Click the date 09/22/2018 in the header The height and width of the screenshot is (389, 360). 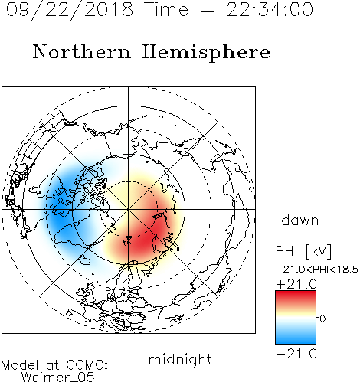(x=70, y=10)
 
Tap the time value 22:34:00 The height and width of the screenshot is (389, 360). (x=270, y=10)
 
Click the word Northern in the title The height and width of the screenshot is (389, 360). (x=82, y=51)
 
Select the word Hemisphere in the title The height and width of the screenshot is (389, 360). (x=206, y=53)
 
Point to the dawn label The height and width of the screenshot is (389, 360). (x=300, y=220)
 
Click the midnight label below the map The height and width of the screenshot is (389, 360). (x=180, y=359)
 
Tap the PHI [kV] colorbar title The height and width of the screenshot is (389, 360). (x=303, y=251)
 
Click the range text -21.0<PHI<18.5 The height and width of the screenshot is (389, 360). (x=317, y=270)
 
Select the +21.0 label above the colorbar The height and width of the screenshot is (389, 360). (x=296, y=284)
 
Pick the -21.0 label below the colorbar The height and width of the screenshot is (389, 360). (x=296, y=354)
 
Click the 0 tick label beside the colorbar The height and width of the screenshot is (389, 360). (x=322, y=319)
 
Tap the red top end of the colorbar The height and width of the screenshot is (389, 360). (x=296, y=293)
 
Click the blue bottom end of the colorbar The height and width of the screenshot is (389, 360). (x=296, y=342)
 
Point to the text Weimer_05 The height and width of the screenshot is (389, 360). (x=58, y=378)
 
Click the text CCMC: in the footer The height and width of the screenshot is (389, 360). (x=87, y=365)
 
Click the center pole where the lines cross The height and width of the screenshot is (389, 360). (x=129, y=209)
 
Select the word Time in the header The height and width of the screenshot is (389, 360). (x=166, y=9)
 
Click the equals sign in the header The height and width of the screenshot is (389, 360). (x=208, y=10)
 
